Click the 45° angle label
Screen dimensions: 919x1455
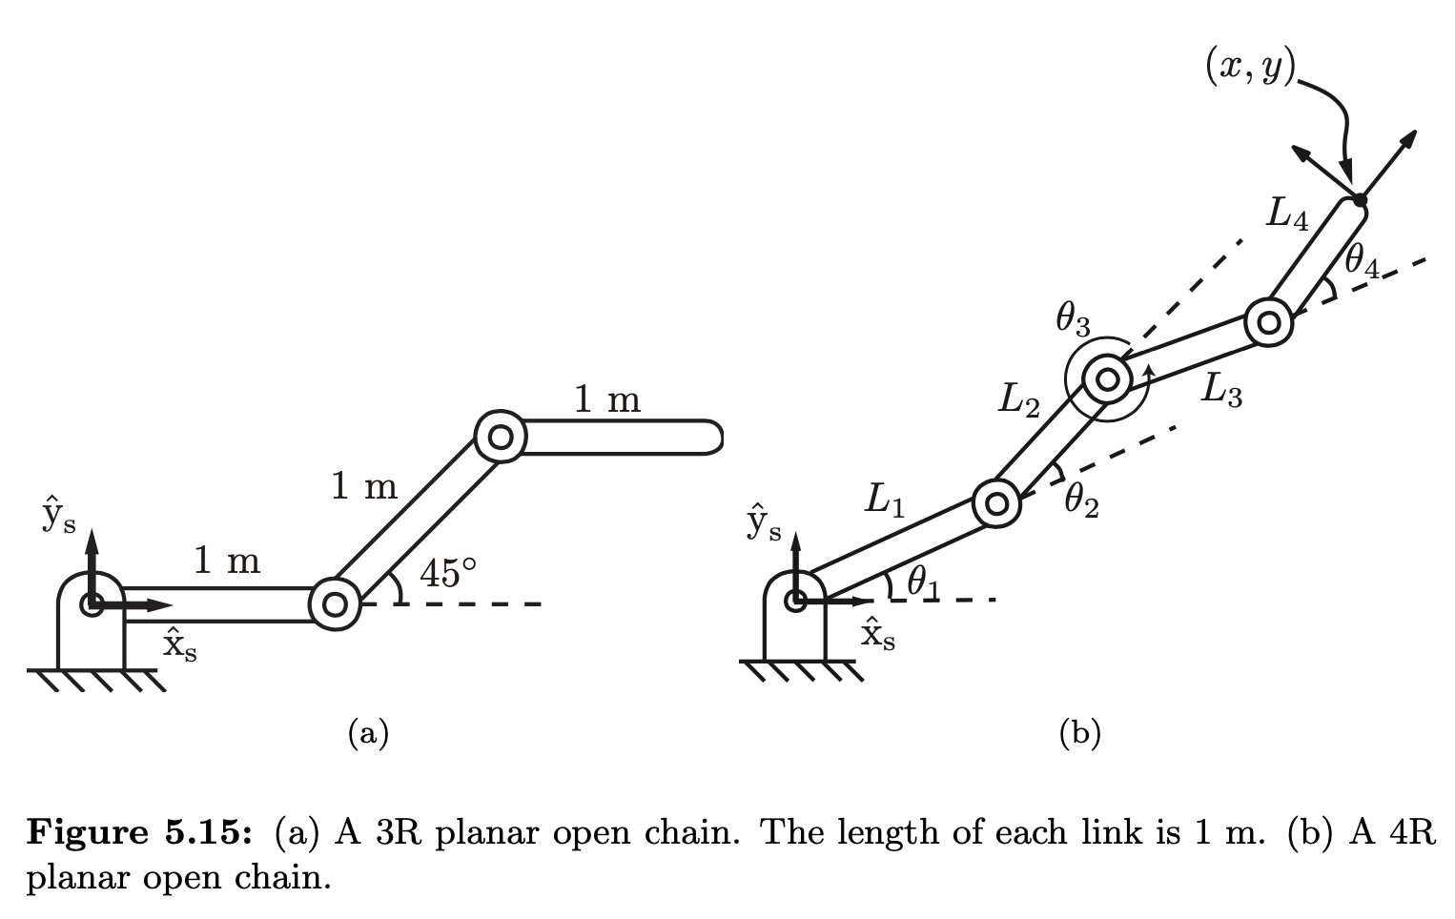pyautogui.click(x=446, y=573)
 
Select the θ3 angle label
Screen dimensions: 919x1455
pyautogui.click(x=1073, y=320)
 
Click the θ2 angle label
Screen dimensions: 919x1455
pyautogui.click(x=1080, y=499)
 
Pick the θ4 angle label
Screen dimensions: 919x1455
pyautogui.click(x=1362, y=260)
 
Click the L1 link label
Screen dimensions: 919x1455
pyautogui.click(x=884, y=500)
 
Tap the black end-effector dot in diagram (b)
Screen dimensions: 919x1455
pyautogui.click(x=1359, y=200)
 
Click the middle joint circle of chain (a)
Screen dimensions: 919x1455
pyautogui.click(x=335, y=603)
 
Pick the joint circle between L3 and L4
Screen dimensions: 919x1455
pyautogui.click(x=1268, y=322)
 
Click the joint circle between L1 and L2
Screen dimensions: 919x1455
pyautogui.click(x=996, y=502)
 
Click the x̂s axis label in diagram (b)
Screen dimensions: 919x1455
pyautogui.click(x=877, y=634)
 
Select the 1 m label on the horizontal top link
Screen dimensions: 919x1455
pyautogui.click(x=607, y=399)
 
